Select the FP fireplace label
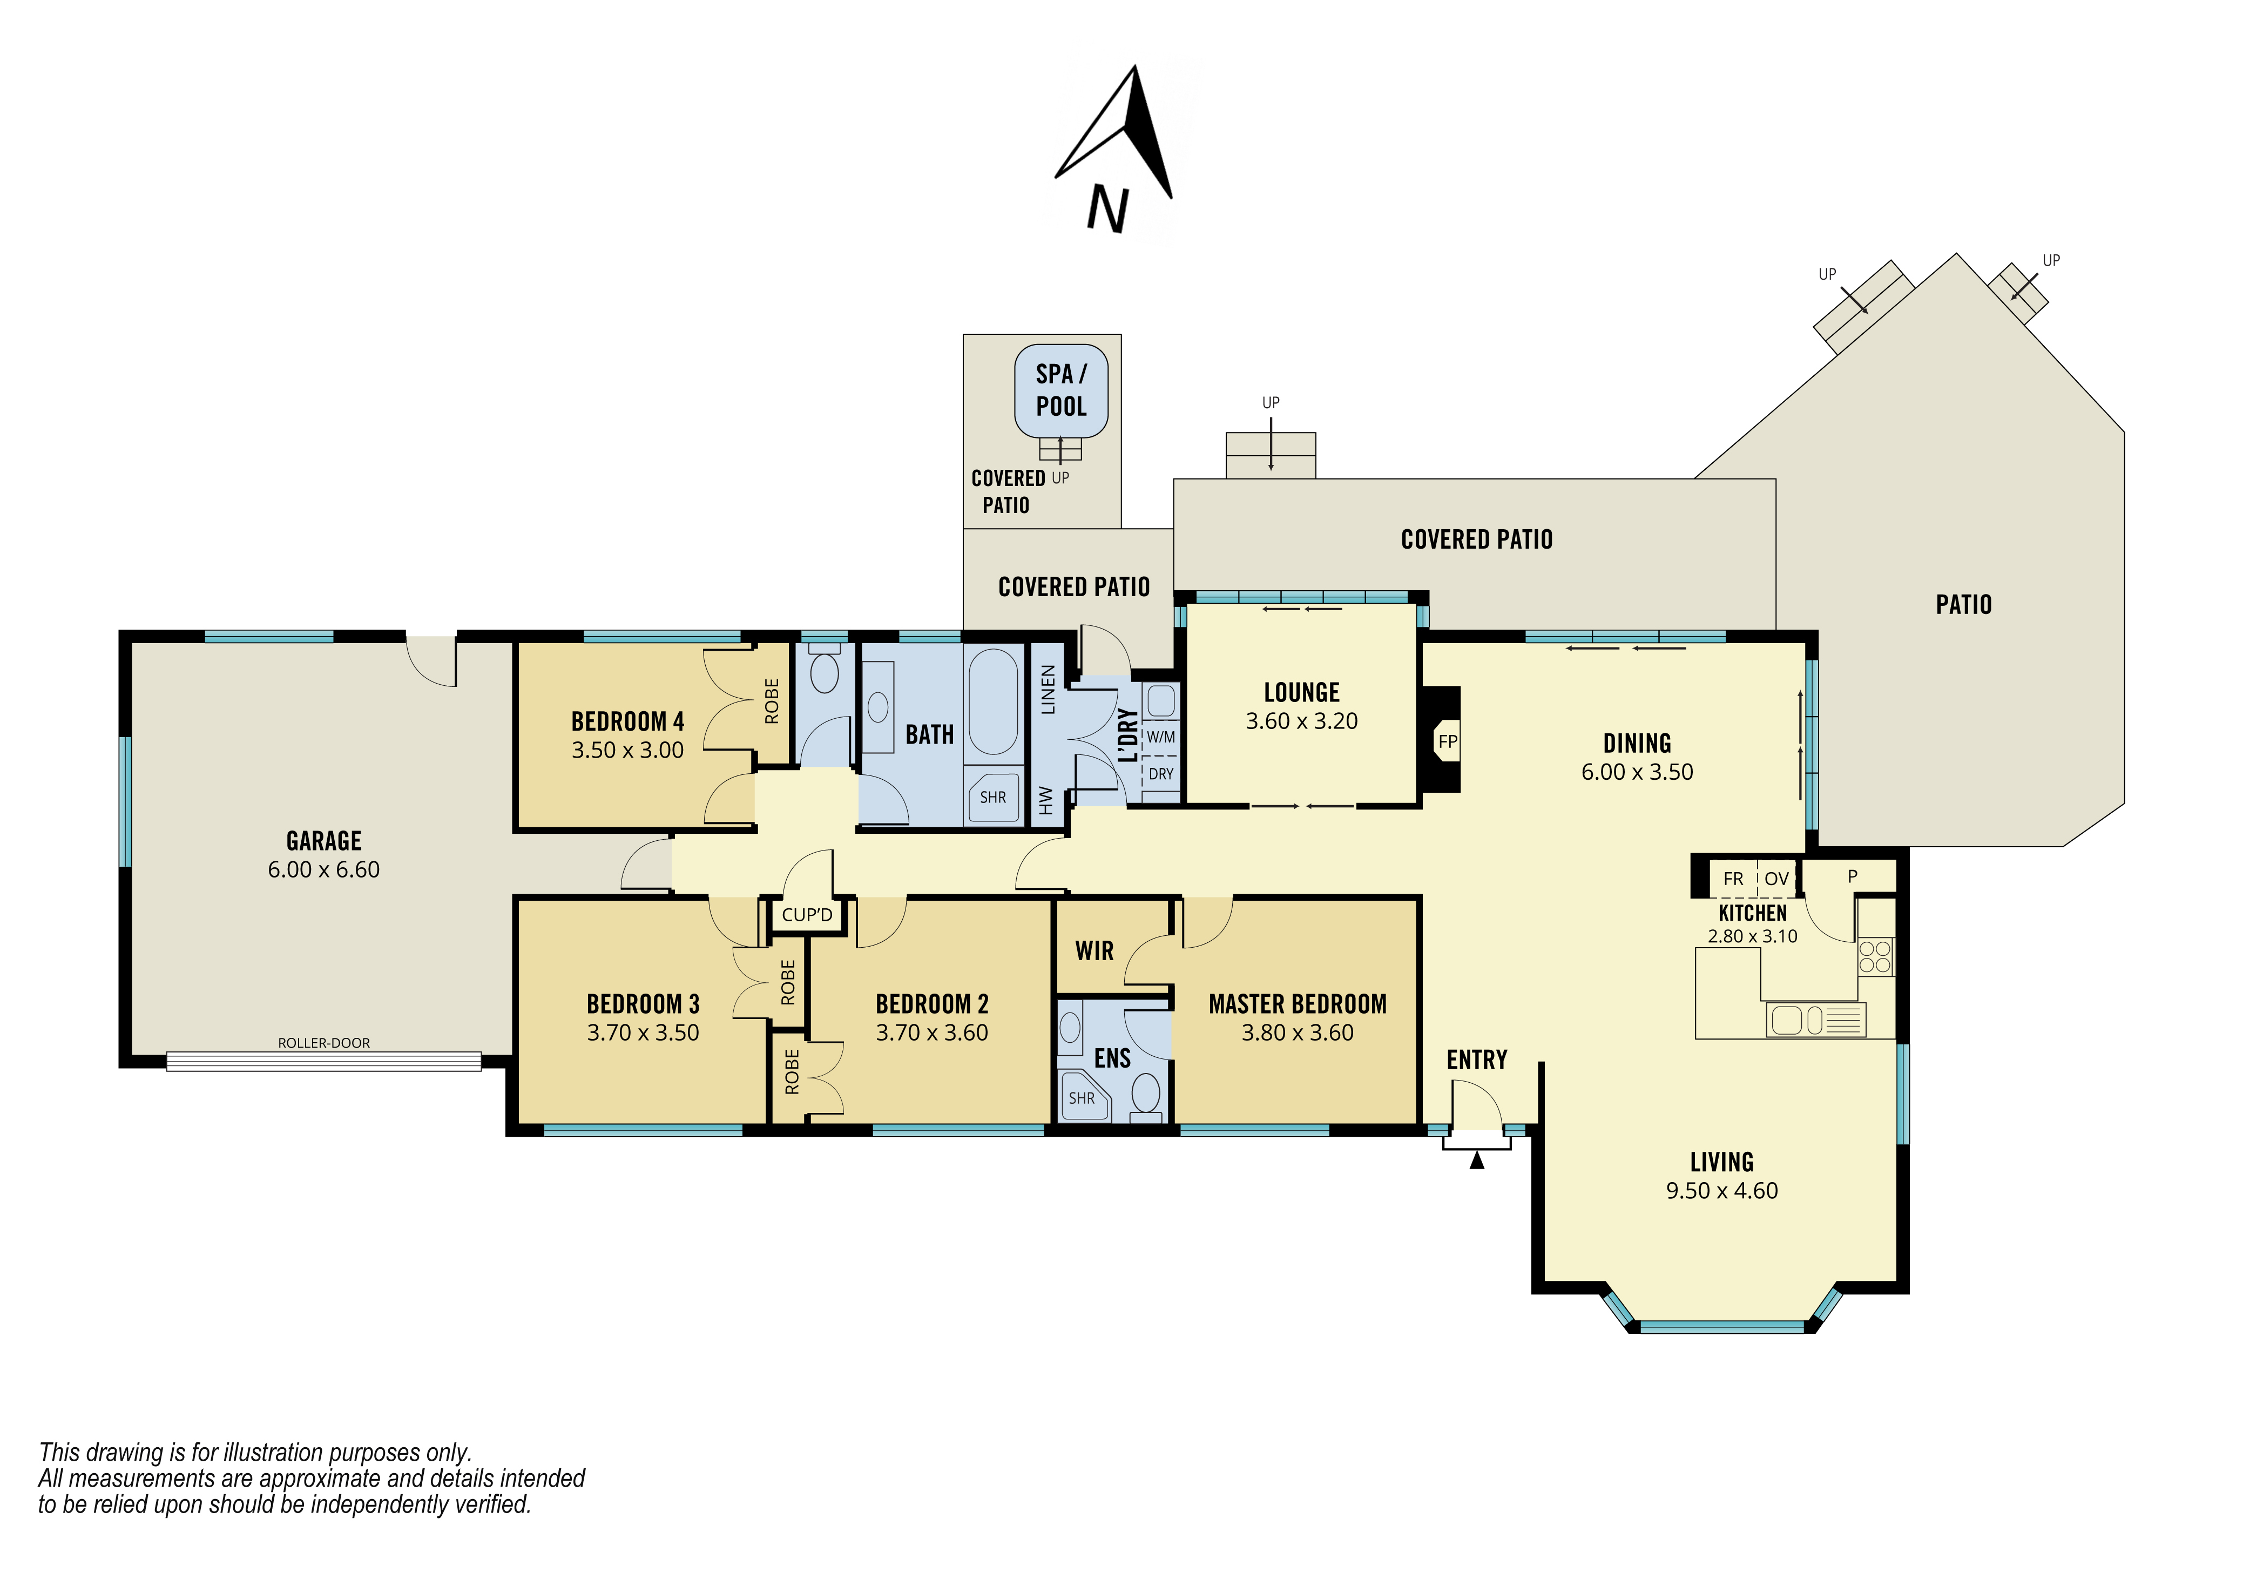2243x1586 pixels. pyautogui.click(x=1448, y=741)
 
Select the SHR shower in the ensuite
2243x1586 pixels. pyautogui.click(x=1082, y=1098)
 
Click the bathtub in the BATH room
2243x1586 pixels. pyautogui.click(x=994, y=701)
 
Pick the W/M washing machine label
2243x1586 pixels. pyautogui.click(x=1160, y=737)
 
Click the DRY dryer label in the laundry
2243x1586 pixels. pyautogui.click(x=1160, y=774)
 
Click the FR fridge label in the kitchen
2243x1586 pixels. pyautogui.click(x=1733, y=879)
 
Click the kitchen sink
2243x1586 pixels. pyautogui.click(x=1816, y=1020)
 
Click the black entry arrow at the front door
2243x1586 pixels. pyautogui.click(x=1477, y=1160)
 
